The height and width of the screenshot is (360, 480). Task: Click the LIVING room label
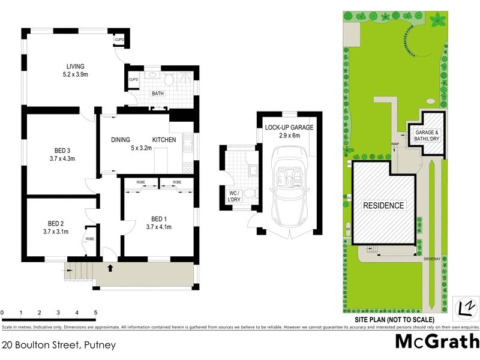pos(76,66)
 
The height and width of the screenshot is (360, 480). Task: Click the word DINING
pos(121,140)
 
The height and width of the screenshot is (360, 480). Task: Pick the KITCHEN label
pos(164,140)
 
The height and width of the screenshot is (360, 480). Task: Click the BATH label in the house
pos(158,94)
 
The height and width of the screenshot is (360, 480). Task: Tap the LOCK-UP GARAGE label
pos(289,127)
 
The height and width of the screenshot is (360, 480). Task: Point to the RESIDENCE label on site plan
pos(383,205)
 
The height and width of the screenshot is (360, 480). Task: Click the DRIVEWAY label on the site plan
pos(432,259)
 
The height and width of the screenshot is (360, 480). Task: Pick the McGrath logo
pos(437,343)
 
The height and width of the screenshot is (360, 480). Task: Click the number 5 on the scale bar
pos(95,313)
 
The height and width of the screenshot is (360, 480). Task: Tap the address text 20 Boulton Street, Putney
pos(58,345)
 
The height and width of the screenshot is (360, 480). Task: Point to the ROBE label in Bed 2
pos(89,239)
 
